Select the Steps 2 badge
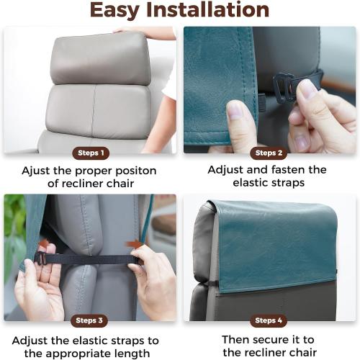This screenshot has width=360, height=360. click(x=268, y=153)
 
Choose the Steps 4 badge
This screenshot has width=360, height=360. click(x=268, y=320)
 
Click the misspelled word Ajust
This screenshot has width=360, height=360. click(x=36, y=171)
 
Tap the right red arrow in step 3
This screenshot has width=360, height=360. click(x=134, y=245)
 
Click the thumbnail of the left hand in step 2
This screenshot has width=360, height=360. click(x=236, y=110)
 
